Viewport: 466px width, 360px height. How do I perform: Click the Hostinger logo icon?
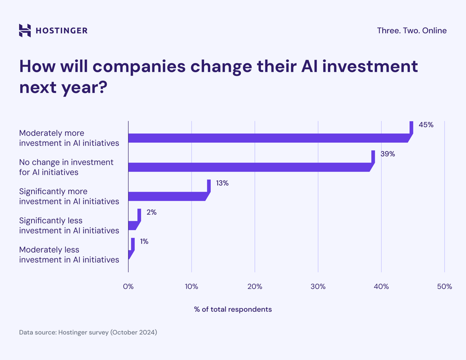pos(25,30)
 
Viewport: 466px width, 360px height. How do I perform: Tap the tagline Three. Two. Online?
pos(412,30)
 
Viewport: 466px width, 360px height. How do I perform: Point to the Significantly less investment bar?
pos(133,225)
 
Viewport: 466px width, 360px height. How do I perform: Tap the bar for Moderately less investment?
pos(131,253)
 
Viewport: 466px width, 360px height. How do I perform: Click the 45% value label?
pos(426,125)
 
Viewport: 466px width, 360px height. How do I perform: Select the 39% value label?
pos(387,154)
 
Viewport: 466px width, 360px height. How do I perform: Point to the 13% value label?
pos(222,183)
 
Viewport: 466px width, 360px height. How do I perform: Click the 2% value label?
pos(151,212)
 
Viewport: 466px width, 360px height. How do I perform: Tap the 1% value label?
pos(144,241)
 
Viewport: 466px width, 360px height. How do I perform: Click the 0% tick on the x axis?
pos(128,286)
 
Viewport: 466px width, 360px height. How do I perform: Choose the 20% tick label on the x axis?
pos(255,286)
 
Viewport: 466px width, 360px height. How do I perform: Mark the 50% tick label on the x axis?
pos(444,286)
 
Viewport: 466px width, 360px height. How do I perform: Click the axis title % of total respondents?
pos(233,309)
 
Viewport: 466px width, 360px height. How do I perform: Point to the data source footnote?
pos(88,332)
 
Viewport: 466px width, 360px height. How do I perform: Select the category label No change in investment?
pos(66,167)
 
